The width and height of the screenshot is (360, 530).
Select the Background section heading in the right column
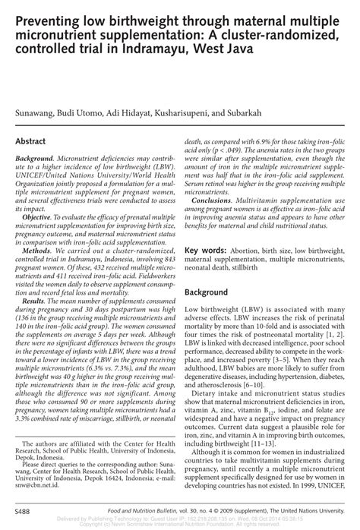coord(214,292)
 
